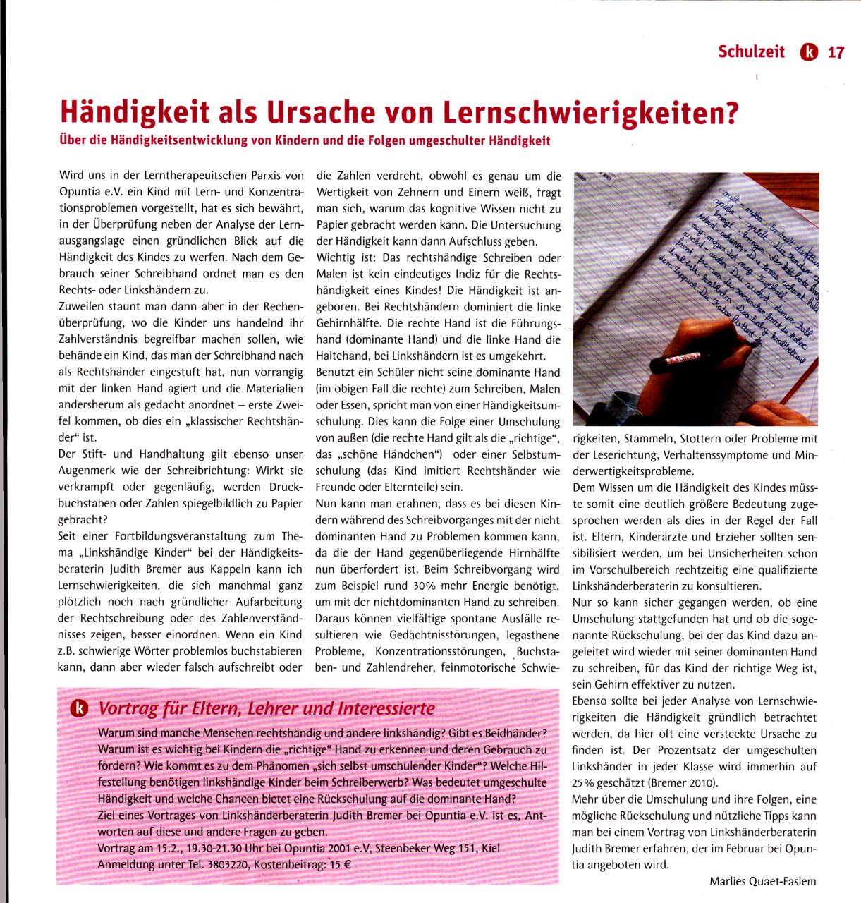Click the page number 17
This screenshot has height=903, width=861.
click(836, 52)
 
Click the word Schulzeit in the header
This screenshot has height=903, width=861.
click(751, 52)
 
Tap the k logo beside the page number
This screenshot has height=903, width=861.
click(809, 52)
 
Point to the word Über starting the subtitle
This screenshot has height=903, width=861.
click(73, 140)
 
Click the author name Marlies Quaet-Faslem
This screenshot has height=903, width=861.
click(762, 880)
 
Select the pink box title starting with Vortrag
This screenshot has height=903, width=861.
click(267, 708)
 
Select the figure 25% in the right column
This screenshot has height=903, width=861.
click(585, 783)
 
